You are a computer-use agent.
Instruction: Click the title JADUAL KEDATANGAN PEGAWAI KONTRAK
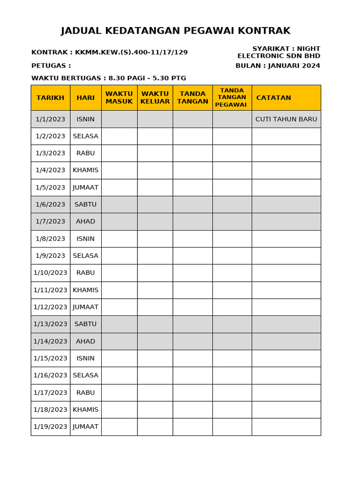176,31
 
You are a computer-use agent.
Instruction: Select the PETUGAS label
51,66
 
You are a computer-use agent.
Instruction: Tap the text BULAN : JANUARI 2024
277,66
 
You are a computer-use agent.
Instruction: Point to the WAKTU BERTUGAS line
109,78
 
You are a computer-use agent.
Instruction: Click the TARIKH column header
50,98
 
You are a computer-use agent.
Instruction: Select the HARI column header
85,98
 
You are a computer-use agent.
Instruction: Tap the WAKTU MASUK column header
119,98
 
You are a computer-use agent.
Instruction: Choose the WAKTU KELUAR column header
155,98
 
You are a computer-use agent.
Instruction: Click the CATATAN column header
274,98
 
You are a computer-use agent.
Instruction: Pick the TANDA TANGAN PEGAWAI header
232,97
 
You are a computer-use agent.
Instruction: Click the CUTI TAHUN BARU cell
286,119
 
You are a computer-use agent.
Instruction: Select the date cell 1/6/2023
50,204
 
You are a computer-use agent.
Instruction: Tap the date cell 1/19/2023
50,427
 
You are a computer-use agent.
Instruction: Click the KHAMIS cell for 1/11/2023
85,290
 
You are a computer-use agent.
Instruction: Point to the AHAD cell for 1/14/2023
85,341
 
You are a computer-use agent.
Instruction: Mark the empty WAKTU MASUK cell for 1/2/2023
119,136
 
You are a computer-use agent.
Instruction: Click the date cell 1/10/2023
50,273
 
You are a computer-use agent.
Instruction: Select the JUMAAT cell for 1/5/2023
85,187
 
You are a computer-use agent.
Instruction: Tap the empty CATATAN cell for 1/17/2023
286,392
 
